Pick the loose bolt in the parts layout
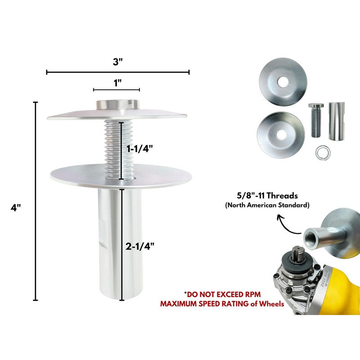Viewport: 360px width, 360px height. [315, 120]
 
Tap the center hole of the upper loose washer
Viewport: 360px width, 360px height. [283, 82]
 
